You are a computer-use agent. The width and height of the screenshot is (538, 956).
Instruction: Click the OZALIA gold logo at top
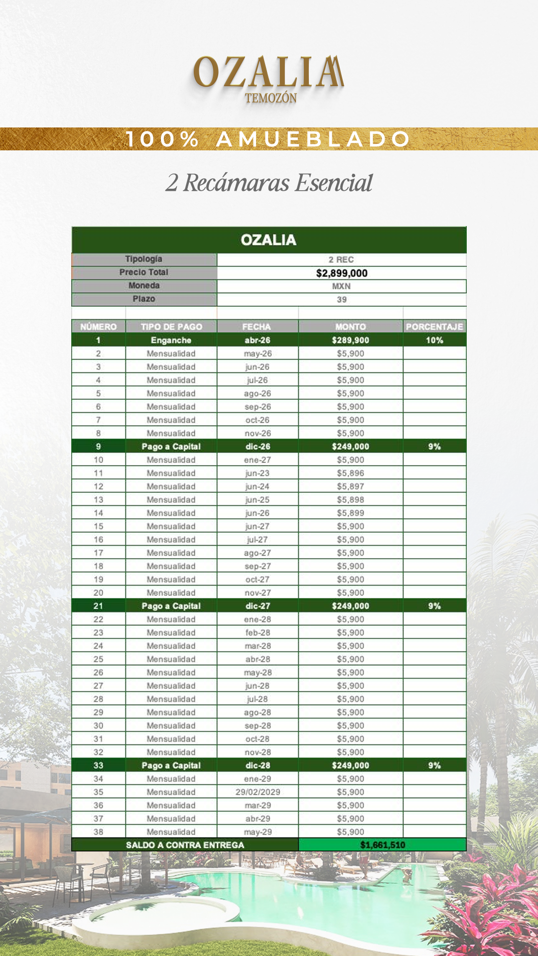[x=268, y=72]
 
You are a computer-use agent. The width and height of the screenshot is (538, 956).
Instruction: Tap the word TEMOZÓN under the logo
[x=270, y=98]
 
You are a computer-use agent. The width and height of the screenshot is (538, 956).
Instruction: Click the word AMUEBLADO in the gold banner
[x=313, y=139]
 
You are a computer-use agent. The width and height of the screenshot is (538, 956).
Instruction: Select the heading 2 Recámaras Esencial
[x=269, y=183]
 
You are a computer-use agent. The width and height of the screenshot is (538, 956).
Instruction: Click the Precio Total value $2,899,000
[x=342, y=273]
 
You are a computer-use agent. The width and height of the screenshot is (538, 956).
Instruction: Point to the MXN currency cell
[x=342, y=286]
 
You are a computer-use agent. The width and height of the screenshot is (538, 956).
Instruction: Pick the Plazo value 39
[x=342, y=300]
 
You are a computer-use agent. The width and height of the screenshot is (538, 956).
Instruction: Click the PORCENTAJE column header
[x=434, y=327]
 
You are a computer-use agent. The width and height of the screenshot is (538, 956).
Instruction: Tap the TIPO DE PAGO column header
[x=171, y=327]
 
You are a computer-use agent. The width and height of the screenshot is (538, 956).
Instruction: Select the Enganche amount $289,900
[x=351, y=340]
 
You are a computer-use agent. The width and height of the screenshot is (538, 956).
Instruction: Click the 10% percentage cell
[x=434, y=340]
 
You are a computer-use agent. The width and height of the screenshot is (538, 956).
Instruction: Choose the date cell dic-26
[x=258, y=447]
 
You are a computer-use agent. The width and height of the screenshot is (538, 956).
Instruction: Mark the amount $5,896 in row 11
[x=351, y=473]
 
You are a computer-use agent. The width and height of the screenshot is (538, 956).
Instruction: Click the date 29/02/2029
[x=258, y=792]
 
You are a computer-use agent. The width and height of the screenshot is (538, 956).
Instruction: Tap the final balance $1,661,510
[x=383, y=845]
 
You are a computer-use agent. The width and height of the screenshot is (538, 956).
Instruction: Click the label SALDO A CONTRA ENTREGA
[x=185, y=845]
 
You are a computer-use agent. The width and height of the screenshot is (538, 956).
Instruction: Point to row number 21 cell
[x=98, y=606]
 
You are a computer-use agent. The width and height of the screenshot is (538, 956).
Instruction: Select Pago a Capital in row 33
[x=171, y=765]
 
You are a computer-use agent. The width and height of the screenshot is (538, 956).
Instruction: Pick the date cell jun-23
[x=258, y=473]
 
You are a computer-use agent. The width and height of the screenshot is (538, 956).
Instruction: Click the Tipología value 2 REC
[x=342, y=259]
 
